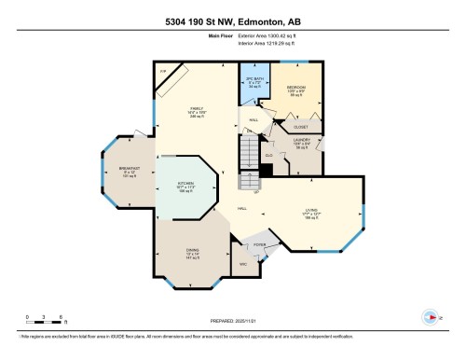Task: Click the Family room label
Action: (x=197, y=110)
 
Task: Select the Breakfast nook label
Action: (x=130, y=173)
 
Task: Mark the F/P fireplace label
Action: (x=162, y=71)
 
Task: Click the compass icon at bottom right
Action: (x=430, y=315)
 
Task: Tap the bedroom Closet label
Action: (x=302, y=126)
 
